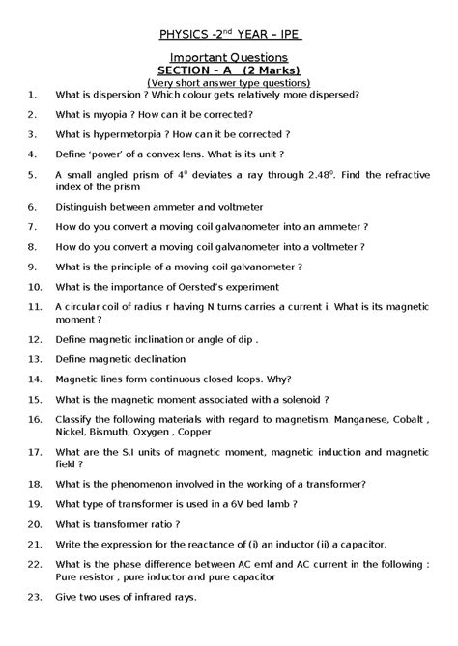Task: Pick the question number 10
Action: pyautogui.click(x=35, y=286)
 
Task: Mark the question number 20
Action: pyautogui.click(x=35, y=524)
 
